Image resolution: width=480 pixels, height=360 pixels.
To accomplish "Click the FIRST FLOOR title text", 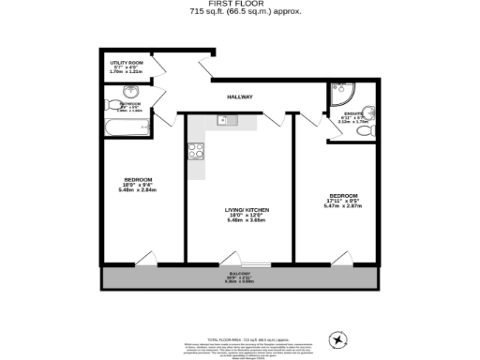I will coord(239,5).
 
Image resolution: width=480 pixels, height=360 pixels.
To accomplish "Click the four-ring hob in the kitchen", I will coord(196,150).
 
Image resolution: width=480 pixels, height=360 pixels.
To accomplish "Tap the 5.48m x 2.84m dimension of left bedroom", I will coord(136,189).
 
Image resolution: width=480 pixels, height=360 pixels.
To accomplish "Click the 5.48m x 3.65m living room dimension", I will coord(239,221).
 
